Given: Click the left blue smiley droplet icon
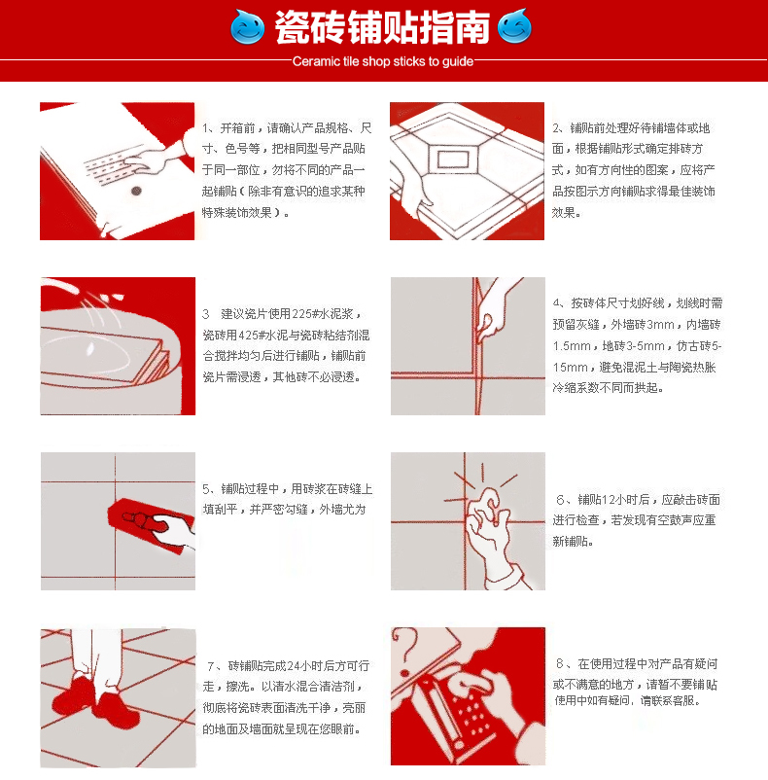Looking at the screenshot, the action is click(248, 27).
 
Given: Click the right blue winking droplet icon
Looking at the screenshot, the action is click(514, 26).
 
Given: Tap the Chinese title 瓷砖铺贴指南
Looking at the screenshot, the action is click(382, 27).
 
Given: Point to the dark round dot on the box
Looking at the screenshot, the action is click(136, 191).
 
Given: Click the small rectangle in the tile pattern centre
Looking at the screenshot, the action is click(453, 160).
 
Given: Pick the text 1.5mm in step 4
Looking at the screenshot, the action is click(572, 346).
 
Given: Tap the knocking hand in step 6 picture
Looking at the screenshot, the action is click(490, 527).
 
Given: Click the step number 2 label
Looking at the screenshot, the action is click(557, 128).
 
